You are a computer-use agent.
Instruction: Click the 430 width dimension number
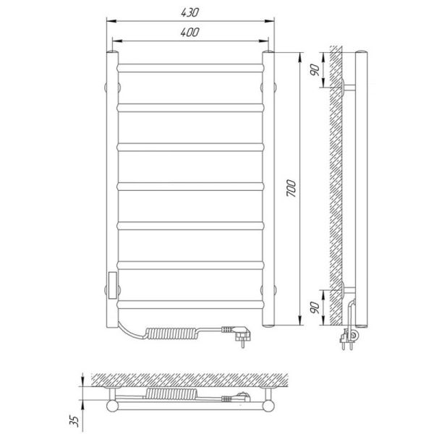click(x=190, y=12)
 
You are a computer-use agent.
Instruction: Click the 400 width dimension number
click(x=190, y=33)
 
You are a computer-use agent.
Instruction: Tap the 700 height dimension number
click(x=291, y=188)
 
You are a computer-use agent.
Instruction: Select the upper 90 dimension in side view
click(x=315, y=69)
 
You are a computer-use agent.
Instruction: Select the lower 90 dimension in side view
click(x=315, y=307)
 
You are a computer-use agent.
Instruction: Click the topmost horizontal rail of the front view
click(x=190, y=68)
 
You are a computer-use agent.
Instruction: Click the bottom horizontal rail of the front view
click(x=190, y=305)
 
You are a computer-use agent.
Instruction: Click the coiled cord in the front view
click(x=172, y=333)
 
